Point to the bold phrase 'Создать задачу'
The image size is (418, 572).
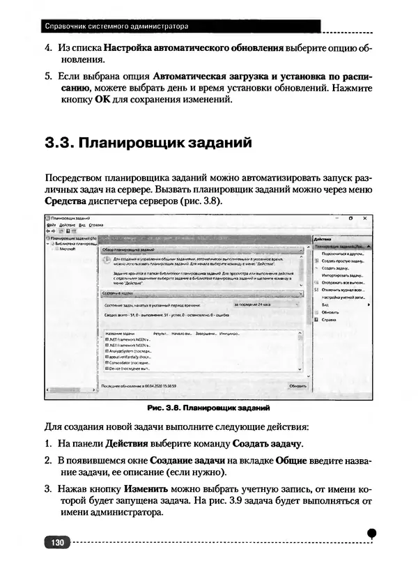267,443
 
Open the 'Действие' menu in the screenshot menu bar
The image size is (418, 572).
66,225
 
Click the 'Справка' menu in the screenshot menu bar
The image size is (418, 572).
96,225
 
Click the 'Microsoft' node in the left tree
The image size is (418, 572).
67,248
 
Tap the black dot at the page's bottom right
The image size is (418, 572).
372,533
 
